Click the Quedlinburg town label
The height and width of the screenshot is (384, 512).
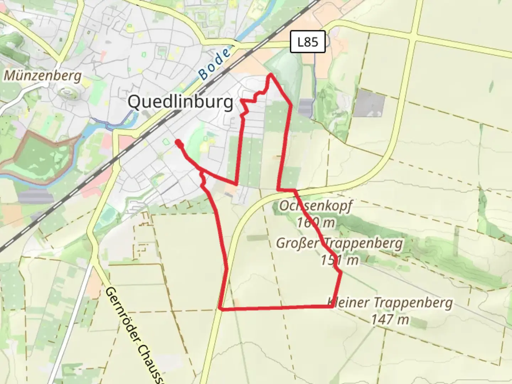point(181,102)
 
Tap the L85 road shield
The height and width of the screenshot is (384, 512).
point(308,42)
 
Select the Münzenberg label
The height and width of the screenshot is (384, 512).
point(43,76)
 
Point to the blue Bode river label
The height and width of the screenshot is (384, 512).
point(214,64)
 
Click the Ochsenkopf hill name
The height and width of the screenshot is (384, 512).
point(315,206)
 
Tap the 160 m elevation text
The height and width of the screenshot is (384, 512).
point(316,223)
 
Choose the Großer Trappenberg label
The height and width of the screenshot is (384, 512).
point(340,244)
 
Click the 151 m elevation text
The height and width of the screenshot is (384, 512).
point(340,260)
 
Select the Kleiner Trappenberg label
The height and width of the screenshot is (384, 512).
point(390,303)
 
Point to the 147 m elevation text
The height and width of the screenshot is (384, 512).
point(390,320)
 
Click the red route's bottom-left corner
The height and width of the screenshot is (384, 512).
point(221,309)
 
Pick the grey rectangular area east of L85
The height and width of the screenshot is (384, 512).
point(370,103)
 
